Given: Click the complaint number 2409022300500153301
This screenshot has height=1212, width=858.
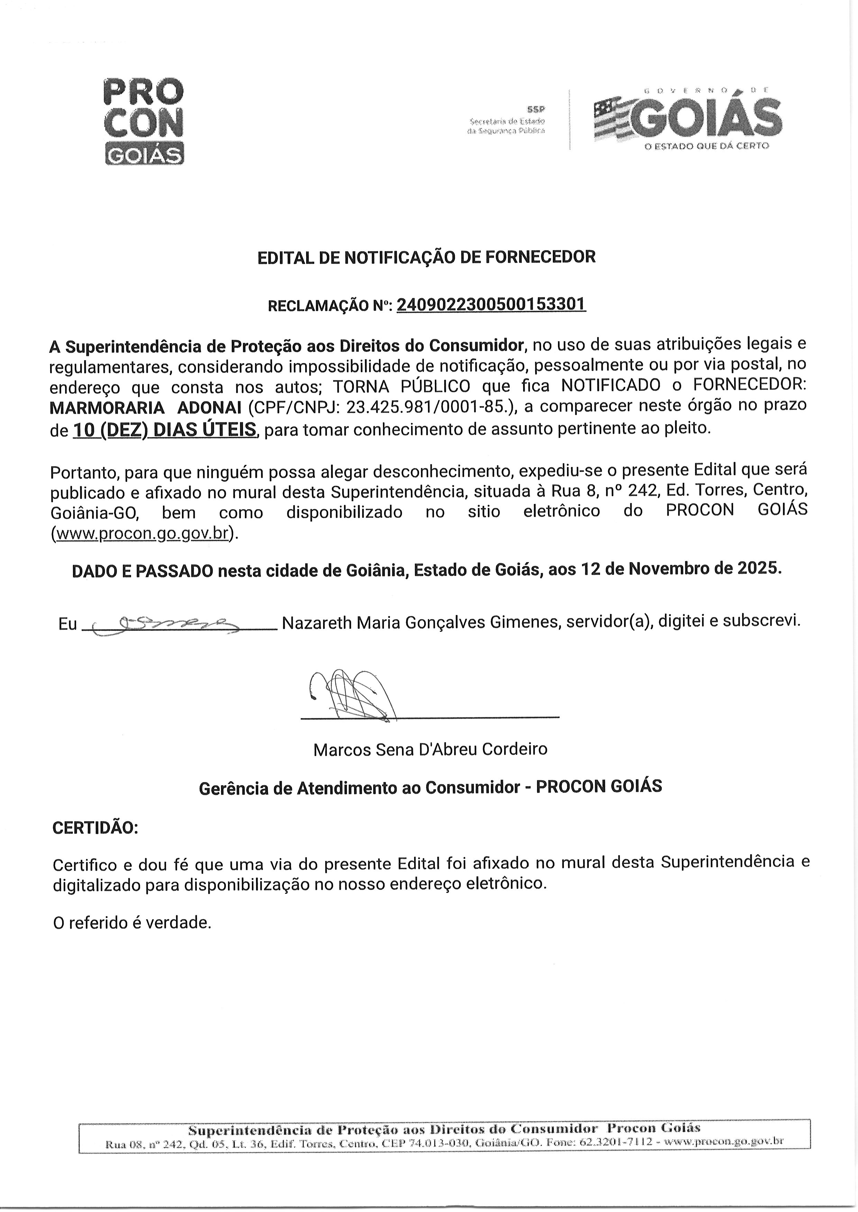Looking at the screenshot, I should click(x=491, y=305).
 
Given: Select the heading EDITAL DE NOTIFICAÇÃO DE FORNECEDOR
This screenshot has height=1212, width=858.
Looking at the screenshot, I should click(x=426, y=257).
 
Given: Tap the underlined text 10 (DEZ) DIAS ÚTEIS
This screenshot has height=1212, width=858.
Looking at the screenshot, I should click(x=165, y=430).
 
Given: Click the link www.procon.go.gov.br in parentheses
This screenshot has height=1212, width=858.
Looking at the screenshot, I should click(x=143, y=534).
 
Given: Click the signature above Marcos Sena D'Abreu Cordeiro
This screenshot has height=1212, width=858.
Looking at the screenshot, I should click(x=352, y=695).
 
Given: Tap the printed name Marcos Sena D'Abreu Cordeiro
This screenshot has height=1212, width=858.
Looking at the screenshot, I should click(x=430, y=749).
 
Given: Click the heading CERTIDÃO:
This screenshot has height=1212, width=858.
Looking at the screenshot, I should click(x=95, y=827).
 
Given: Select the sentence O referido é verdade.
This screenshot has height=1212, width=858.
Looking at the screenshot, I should click(x=132, y=922).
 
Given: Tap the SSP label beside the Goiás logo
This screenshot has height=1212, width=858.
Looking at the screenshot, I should click(x=536, y=109).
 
